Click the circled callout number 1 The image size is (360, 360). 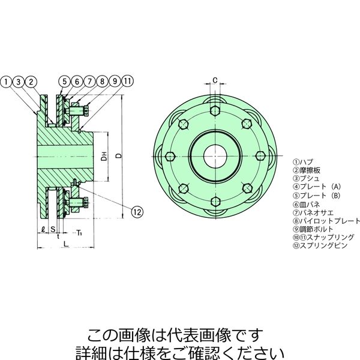point(7,82)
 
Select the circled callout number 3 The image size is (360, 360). point(19,82)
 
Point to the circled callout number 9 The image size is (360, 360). point(115,81)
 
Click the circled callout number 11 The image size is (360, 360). point(127,81)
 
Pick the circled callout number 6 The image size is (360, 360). point(77,81)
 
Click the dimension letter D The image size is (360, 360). point(118,155)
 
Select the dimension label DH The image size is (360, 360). point(104,156)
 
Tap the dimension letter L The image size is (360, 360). point(66,244)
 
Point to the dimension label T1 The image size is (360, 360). point(79,233)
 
